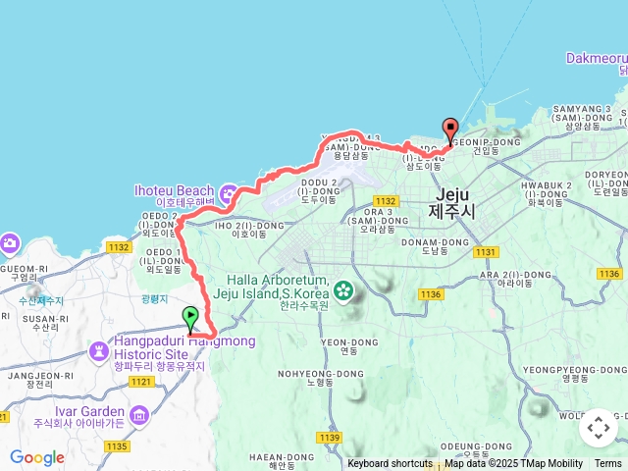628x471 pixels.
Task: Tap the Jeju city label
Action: click(451, 201)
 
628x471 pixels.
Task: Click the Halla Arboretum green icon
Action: click(343, 288)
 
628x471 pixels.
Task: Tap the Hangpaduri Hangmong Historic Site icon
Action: click(99, 350)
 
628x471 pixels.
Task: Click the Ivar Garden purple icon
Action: click(139, 417)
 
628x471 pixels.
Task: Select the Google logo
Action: click(37, 457)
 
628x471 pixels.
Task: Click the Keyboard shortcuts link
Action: click(390, 464)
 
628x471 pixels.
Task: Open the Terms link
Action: click(608, 464)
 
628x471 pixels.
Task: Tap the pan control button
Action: click(599, 428)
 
